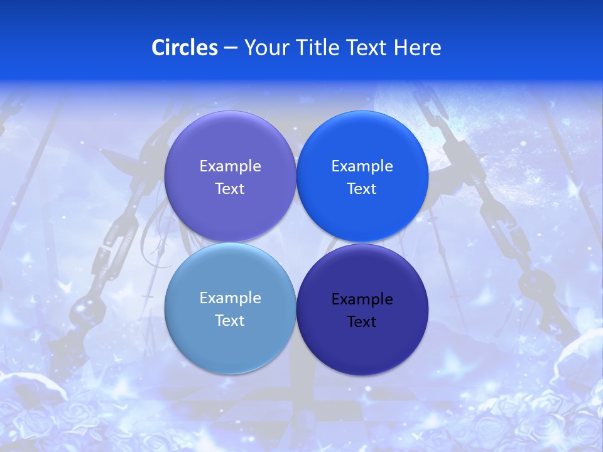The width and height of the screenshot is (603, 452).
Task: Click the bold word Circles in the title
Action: [185, 48]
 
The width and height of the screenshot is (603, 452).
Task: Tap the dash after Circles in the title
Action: [231, 48]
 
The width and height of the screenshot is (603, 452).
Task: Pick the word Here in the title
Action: [418, 48]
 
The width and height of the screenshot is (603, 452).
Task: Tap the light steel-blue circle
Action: [230, 339]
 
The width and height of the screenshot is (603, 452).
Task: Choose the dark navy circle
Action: [362, 342]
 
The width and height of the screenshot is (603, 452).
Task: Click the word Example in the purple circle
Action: [230, 166]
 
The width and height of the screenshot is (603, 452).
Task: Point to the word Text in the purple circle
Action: [230, 189]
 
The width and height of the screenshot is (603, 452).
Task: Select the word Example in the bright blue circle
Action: [362, 166]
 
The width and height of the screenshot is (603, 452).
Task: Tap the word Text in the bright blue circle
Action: [362, 189]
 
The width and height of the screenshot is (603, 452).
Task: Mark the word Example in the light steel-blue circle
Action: [230, 298]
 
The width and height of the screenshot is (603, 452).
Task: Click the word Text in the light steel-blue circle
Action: [230, 321]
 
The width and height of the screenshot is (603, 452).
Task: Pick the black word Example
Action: [362, 299]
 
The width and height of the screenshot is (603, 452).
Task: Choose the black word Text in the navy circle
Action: [362, 322]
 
